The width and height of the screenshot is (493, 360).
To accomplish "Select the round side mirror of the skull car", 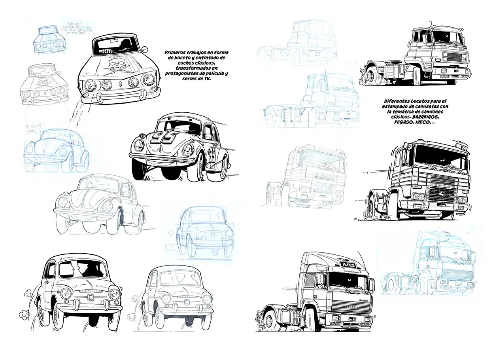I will click(145, 50).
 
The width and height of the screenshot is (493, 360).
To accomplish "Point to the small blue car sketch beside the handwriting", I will click(48, 39).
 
